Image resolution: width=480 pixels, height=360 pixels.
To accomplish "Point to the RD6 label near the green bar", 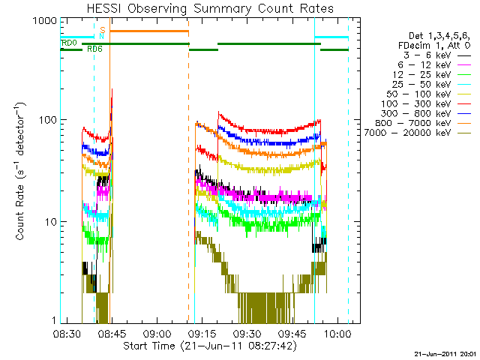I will pyautogui.click(x=95, y=49).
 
